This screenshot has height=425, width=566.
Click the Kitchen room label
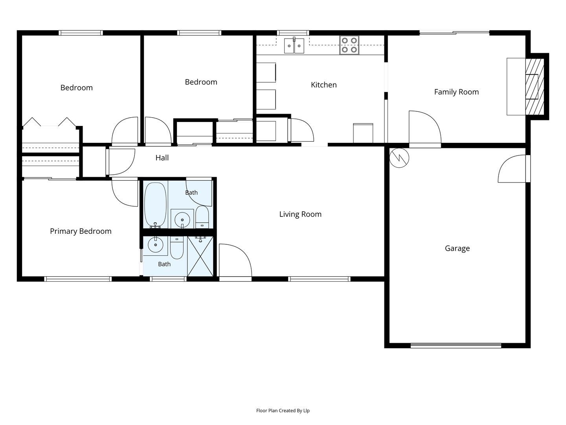(323, 85)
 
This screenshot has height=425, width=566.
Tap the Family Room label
(456, 92)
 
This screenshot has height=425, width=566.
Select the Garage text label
(457, 248)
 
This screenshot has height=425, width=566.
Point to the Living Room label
(300, 214)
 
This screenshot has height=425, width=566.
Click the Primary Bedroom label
(81, 231)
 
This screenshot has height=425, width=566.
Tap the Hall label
(162, 158)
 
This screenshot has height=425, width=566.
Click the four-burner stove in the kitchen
(349, 45)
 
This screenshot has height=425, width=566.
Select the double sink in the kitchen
(294, 46)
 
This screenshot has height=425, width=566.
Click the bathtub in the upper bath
(155, 205)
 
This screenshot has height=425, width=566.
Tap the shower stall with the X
(200, 256)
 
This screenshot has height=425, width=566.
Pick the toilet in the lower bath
(176, 248)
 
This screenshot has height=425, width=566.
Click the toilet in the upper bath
(202, 217)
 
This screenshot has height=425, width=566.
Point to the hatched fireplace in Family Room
(535, 87)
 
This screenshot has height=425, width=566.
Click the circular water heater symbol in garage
(399, 158)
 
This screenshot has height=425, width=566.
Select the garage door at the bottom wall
(456, 346)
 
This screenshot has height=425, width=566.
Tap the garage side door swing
(513, 169)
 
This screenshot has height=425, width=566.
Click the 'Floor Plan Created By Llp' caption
(283, 410)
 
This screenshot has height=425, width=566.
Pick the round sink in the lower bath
(156, 245)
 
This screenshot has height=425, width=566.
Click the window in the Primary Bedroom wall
(78, 279)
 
